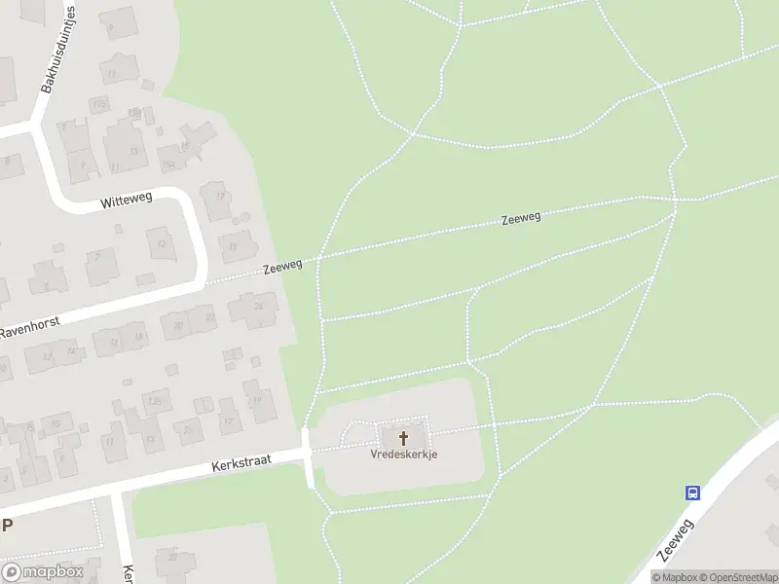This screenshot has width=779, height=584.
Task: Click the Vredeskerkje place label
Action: (x=403, y=454)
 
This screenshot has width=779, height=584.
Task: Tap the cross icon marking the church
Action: (x=403, y=438)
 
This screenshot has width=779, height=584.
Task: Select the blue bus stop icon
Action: (x=692, y=493)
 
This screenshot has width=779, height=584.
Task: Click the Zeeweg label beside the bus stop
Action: (x=675, y=539)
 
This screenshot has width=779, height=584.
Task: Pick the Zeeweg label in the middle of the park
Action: (x=521, y=218)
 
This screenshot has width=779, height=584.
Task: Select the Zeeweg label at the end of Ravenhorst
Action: (x=282, y=267)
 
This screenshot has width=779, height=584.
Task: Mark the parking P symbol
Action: (x=7, y=525)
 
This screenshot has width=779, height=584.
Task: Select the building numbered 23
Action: (x=172, y=557)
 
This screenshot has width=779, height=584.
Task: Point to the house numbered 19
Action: (x=258, y=398)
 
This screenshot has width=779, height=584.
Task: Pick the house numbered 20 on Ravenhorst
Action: (x=178, y=326)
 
